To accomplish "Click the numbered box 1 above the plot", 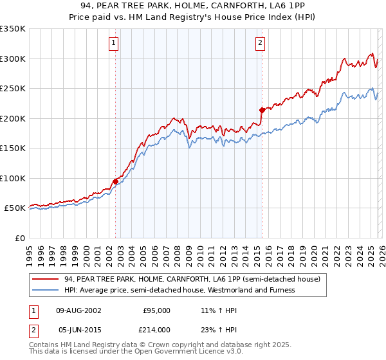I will [x=113, y=43].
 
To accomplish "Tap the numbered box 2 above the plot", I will [x=260, y=43].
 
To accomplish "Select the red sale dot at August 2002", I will [x=115, y=181].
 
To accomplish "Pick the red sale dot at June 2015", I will [x=262, y=110].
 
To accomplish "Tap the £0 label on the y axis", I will [x=21, y=238].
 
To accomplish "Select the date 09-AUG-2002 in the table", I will [x=78, y=310].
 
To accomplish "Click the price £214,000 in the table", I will [x=156, y=329].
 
